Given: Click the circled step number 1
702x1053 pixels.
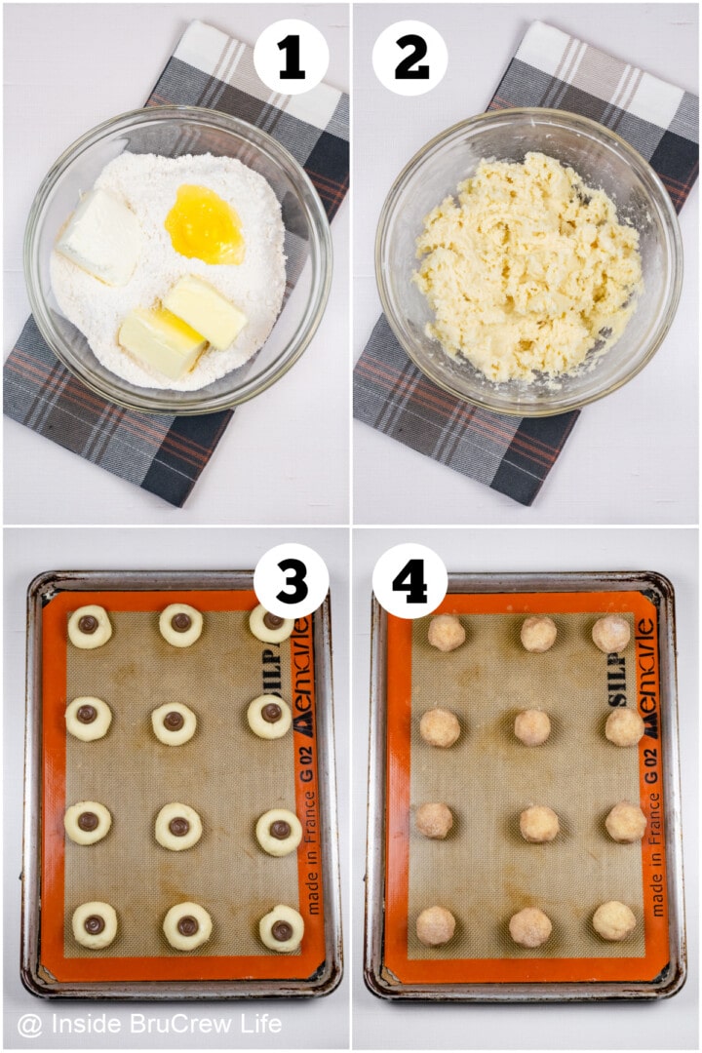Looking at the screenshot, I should point(291,58).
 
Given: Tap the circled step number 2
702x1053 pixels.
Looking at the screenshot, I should point(410,58).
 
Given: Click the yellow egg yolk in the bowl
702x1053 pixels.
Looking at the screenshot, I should point(204,225).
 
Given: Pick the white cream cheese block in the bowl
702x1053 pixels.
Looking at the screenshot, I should point(101,236).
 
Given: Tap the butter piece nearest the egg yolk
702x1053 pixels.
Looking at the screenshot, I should point(205,311).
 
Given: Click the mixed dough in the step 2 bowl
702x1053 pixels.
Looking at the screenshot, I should point(526,268).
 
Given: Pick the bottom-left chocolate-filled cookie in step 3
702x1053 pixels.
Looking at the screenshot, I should point(95,924).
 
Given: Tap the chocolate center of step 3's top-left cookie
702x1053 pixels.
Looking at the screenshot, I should point(88,624).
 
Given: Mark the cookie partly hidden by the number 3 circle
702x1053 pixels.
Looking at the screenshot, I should point(270,624).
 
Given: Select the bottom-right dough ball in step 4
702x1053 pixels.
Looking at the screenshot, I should point(613,920).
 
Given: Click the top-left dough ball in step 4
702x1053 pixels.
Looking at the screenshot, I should point(447,633).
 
